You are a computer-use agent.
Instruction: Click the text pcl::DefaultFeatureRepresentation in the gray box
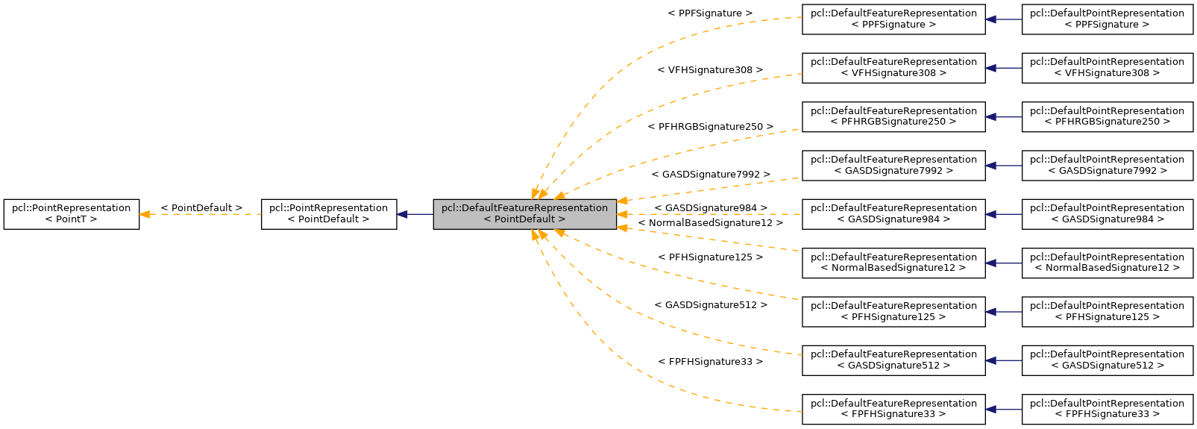pyautogui.click(x=524, y=207)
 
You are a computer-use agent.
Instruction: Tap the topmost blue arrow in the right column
pyautogui.click(x=1002, y=19)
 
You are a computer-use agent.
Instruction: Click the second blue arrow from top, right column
pyautogui.click(x=1002, y=68)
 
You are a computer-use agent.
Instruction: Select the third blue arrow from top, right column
pyautogui.click(x=1002, y=117)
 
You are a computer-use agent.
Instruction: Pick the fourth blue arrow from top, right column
pyautogui.click(x=1002, y=166)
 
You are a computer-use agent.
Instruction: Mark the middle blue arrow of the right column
pyautogui.click(x=1002, y=214)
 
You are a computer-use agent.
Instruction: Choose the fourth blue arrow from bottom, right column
pyautogui.click(x=1002, y=263)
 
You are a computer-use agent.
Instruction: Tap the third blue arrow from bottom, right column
pyautogui.click(x=1002, y=312)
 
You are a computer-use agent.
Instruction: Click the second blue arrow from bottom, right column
pyautogui.click(x=1002, y=360)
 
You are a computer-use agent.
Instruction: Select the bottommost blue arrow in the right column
pyautogui.click(x=1002, y=410)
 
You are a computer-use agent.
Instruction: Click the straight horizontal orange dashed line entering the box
pyautogui.click(x=709, y=214)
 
